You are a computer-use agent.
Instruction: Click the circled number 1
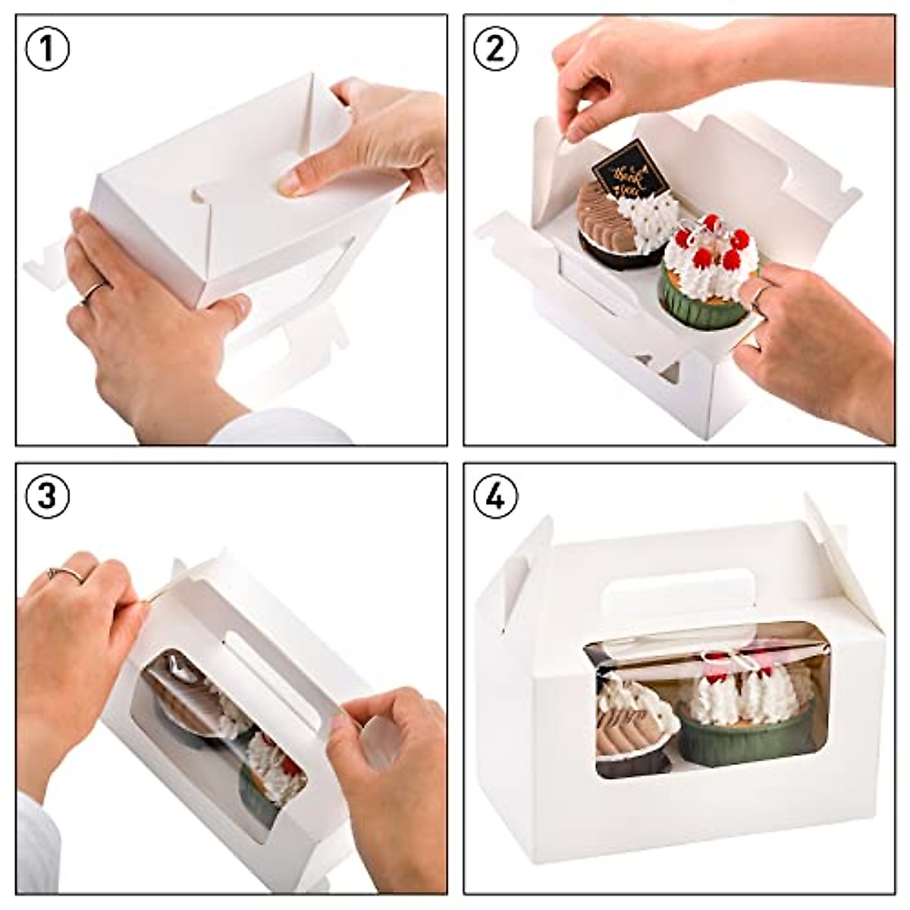coord(47,48)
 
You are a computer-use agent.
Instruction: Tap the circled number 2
coord(494,48)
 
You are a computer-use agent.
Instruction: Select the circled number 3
coord(47,495)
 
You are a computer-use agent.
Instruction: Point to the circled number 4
coord(494,497)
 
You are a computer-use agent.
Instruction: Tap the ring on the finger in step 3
coord(65,573)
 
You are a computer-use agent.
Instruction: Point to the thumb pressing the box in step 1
coord(300,178)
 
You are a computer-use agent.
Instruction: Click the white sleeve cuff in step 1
coord(281,428)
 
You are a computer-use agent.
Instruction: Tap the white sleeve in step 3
coord(34,842)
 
